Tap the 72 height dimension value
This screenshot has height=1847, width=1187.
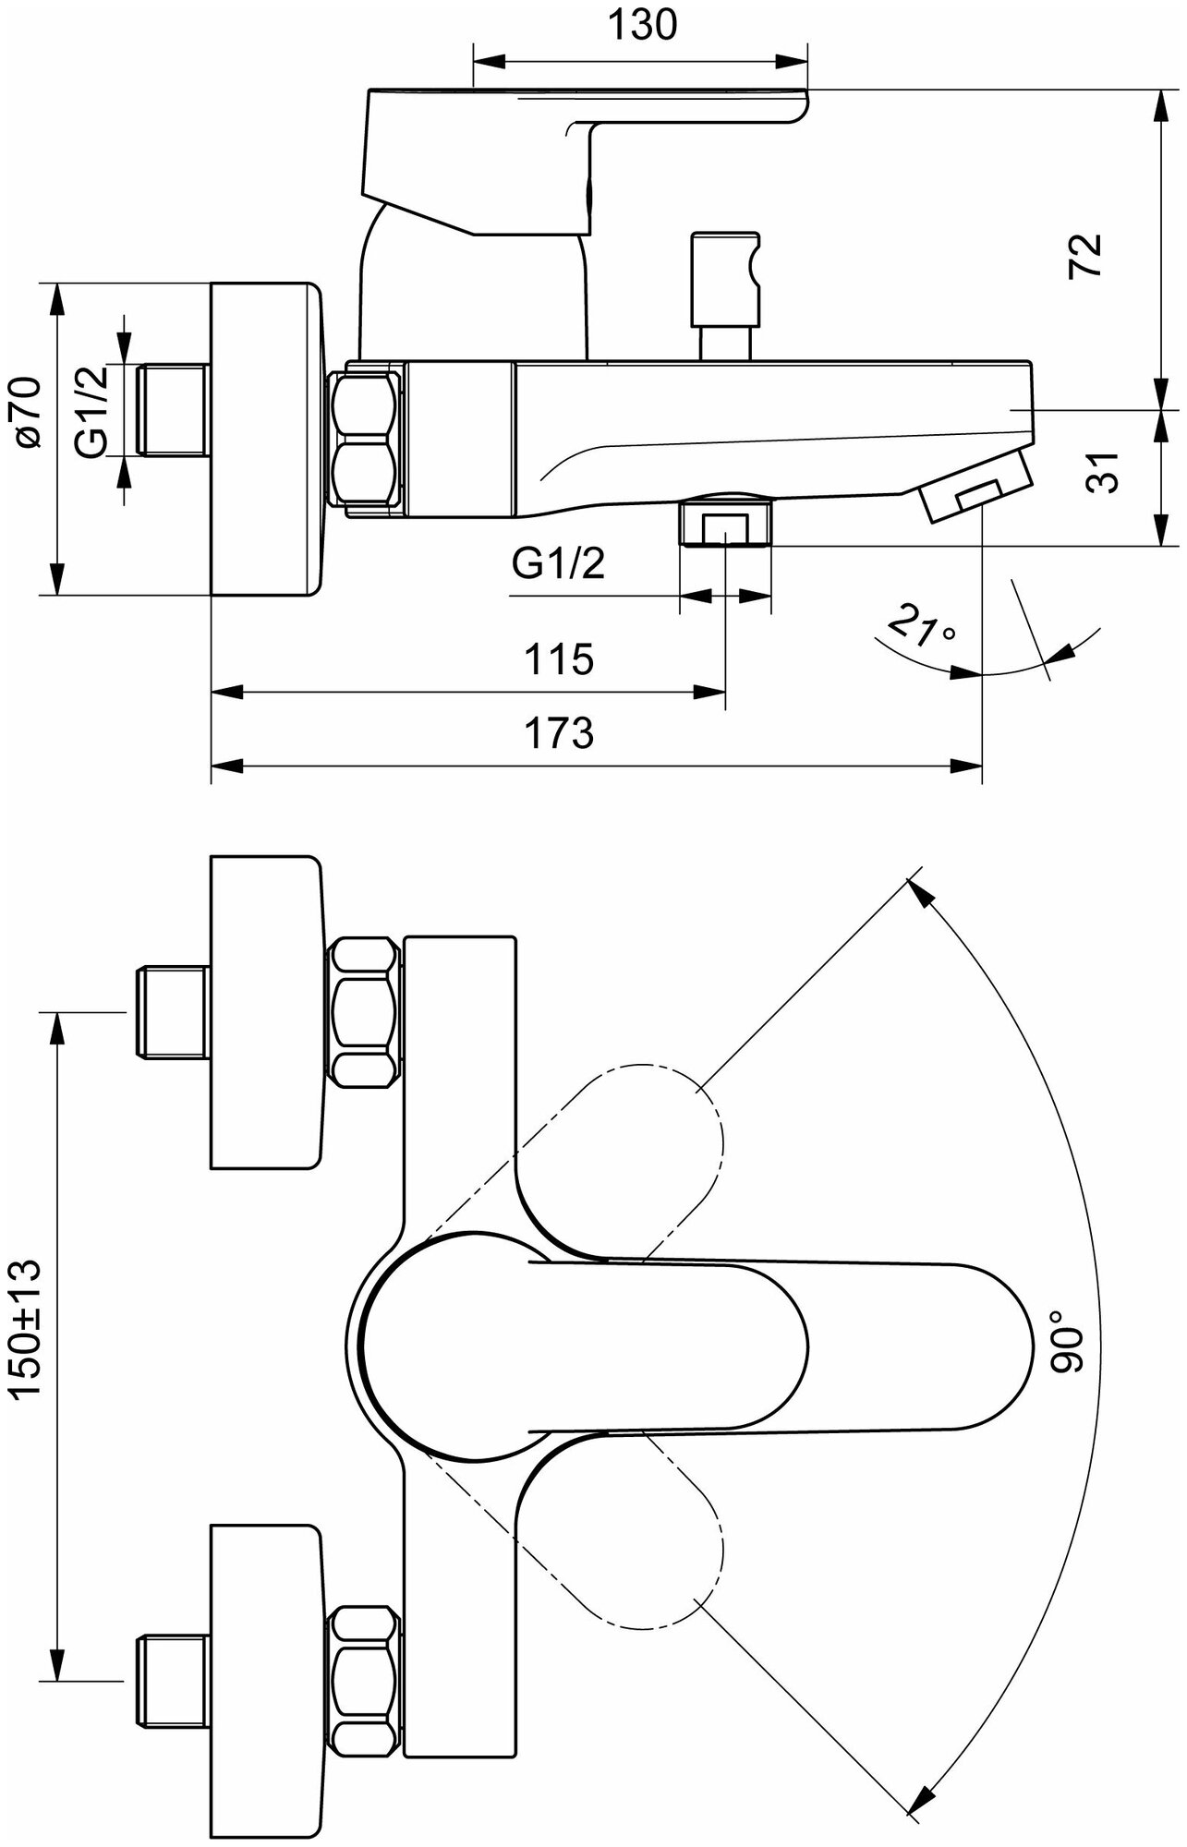tap(1086, 254)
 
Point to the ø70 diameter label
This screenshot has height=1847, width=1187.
tap(30, 413)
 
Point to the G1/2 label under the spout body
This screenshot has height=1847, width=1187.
tap(558, 562)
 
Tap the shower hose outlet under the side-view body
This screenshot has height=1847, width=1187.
tap(726, 523)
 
